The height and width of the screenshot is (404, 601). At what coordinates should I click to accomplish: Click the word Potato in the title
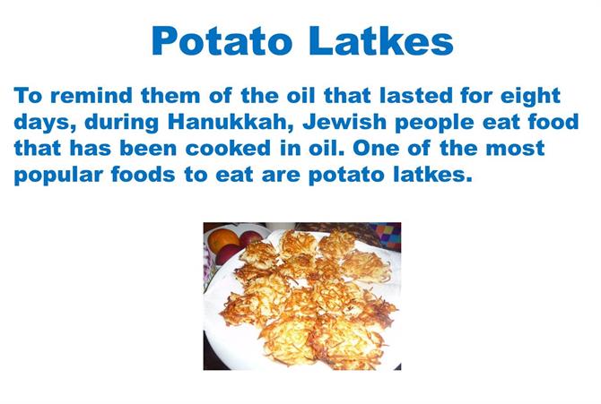coord(222,40)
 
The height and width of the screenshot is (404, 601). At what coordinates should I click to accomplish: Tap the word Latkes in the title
coord(381,40)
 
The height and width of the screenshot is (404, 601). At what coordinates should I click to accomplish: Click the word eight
coord(530,97)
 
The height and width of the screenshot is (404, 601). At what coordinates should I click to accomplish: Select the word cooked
coord(228,149)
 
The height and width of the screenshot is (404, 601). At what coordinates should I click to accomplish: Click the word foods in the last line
coord(144,175)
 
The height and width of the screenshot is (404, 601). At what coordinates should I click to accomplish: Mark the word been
coord(148,149)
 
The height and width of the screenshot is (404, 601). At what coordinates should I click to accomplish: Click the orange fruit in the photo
coord(223,240)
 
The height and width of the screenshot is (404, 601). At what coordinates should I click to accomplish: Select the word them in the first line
coord(170,95)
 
